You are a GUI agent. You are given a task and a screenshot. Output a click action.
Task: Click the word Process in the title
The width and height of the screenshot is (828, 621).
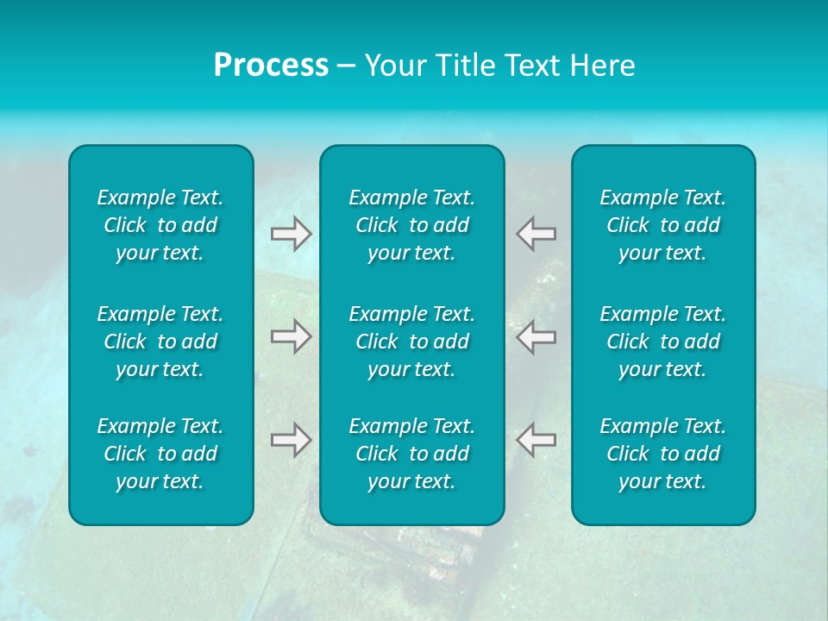pos(271,66)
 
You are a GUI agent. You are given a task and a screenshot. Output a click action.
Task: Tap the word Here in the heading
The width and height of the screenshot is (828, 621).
pos(604,66)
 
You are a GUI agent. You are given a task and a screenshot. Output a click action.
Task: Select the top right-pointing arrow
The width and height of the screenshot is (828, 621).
pos(291,234)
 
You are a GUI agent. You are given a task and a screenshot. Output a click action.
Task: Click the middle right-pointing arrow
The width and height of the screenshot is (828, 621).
pos(291,336)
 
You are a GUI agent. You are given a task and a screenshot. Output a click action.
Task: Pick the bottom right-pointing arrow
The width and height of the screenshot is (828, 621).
pos(291,439)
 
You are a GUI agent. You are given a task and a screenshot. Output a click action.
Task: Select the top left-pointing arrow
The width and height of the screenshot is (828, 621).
pos(536,234)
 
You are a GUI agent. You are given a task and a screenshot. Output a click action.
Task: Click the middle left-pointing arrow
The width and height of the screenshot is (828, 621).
pos(536,336)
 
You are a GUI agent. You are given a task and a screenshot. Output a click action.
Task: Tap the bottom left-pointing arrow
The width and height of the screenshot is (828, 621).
pos(536,439)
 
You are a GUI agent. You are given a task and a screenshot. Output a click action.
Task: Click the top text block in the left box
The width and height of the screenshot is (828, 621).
pos(160,225)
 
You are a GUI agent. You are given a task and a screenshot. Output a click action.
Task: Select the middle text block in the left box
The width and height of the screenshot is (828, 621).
pos(160,342)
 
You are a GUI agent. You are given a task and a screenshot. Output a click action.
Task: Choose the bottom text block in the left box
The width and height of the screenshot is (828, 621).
pos(160,454)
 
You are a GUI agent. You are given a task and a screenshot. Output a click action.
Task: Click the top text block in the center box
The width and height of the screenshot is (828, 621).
pos(411,225)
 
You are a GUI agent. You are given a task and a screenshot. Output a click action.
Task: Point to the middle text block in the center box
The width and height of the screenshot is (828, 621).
pos(411,342)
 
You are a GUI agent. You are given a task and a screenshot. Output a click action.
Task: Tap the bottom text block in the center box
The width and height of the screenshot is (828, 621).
pos(411,454)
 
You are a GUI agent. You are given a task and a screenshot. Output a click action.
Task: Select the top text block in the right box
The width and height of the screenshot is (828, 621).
pos(662,225)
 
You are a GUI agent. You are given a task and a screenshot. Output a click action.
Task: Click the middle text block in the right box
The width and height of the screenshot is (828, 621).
pos(662,342)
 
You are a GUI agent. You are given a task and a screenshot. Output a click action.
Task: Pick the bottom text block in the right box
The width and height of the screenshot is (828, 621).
pos(662,454)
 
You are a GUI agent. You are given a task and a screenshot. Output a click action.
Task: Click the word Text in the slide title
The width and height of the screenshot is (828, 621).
pos(532,66)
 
